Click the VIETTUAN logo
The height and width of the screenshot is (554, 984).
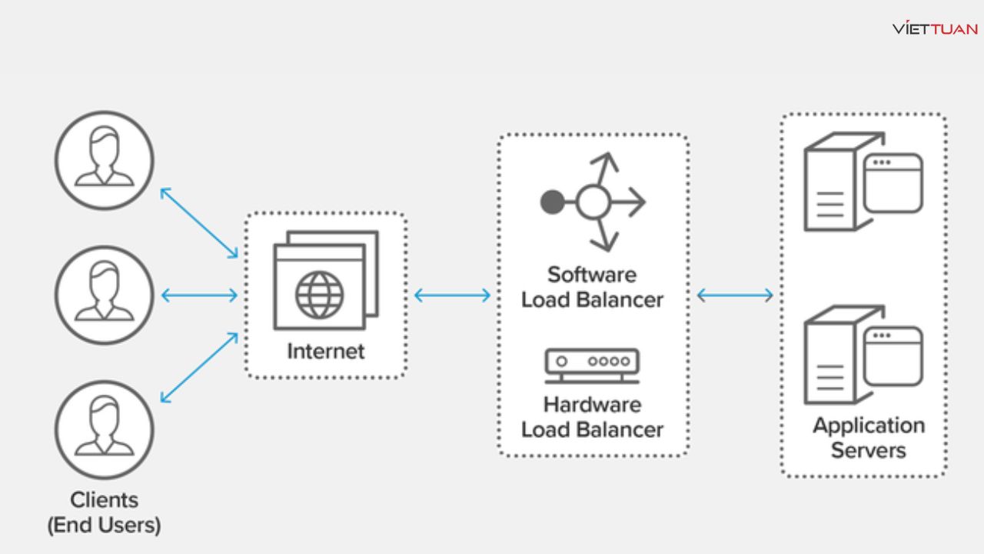(x=935, y=29)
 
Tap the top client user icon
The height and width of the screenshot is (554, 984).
(x=105, y=160)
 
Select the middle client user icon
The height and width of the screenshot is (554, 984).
(x=105, y=295)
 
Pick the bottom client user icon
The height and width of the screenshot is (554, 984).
(x=105, y=429)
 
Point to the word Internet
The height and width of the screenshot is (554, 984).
(x=326, y=352)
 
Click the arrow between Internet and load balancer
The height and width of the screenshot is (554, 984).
(x=452, y=295)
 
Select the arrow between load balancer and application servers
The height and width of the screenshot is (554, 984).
(x=735, y=295)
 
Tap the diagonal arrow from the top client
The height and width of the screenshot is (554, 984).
(x=199, y=223)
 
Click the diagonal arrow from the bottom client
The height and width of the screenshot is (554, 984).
(x=199, y=367)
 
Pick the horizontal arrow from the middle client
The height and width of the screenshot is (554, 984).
(x=199, y=295)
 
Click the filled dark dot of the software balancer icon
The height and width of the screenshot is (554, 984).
(x=552, y=202)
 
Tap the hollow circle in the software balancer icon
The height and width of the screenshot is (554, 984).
(x=593, y=202)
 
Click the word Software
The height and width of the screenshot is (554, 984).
(x=592, y=275)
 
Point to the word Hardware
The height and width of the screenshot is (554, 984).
(x=592, y=404)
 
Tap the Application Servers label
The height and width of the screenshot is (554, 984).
(x=869, y=437)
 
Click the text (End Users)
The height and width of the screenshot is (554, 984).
(x=105, y=526)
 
